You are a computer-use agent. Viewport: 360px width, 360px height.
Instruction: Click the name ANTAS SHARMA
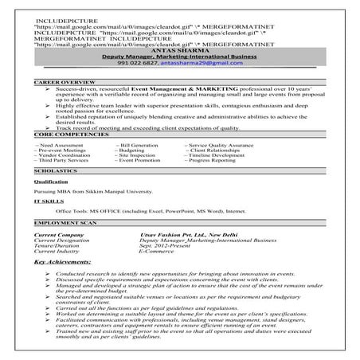(179, 51)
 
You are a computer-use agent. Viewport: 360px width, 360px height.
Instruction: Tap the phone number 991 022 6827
(147, 65)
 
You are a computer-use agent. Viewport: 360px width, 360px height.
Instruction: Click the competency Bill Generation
(142, 143)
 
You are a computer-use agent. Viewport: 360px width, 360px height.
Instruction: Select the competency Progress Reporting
(212, 160)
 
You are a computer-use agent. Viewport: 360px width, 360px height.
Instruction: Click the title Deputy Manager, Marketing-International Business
(179, 58)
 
